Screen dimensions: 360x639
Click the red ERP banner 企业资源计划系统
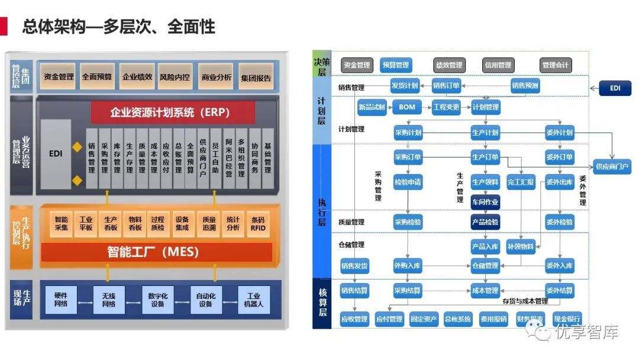[173, 112]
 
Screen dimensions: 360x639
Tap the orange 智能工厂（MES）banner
[156, 252]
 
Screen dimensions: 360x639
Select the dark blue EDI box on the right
[616, 89]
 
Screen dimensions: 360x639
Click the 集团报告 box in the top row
[256, 78]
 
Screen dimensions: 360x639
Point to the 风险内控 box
[175, 77]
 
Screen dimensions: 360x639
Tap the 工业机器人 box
[254, 300]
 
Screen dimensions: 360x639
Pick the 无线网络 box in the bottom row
[109, 300]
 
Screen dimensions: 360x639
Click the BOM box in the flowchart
[407, 107]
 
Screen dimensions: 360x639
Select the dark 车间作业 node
[485, 202]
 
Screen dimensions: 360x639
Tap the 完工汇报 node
[521, 182]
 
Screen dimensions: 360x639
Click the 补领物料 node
[521, 247]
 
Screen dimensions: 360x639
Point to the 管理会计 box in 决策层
[556, 65]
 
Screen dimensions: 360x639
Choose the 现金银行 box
[567, 319]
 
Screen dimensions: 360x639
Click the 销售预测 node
[525, 86]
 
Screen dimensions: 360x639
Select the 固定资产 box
[424, 319]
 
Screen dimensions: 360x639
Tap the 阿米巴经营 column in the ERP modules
[228, 158]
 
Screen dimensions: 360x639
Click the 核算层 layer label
[322, 301]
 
